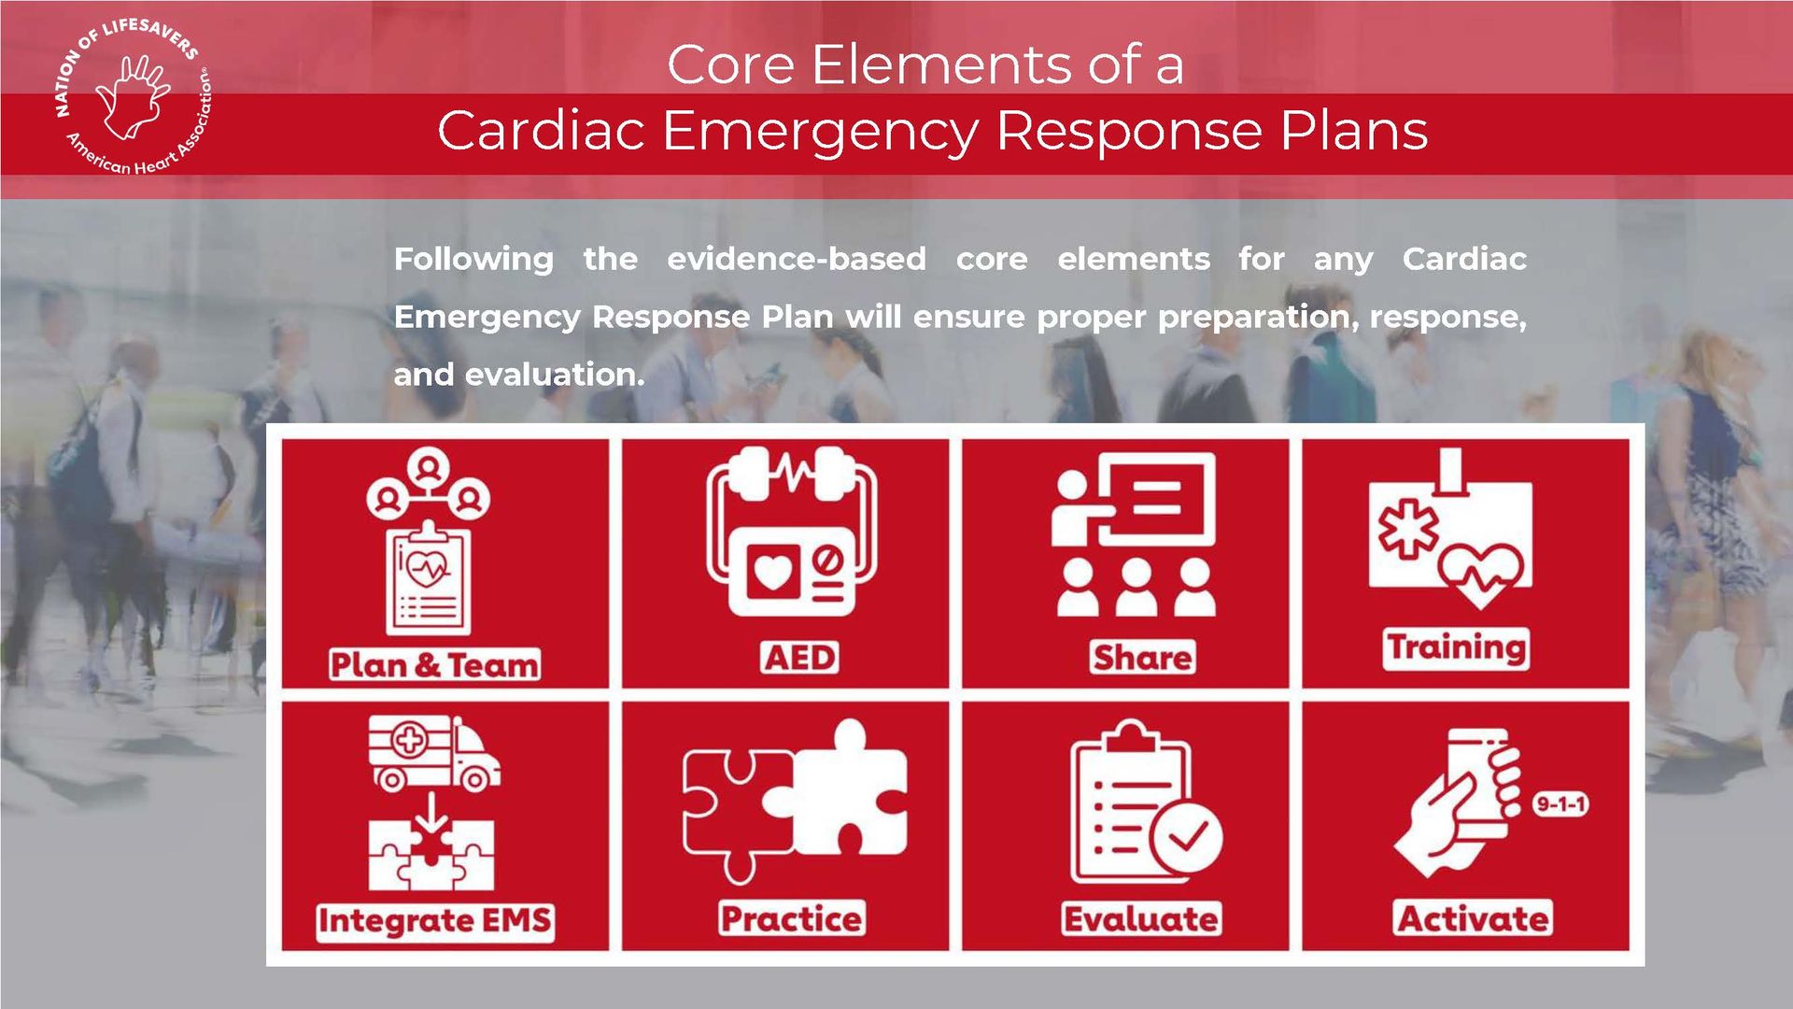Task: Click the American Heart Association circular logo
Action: pos(133,97)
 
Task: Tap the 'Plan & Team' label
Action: pos(435,664)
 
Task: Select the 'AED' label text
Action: pos(800,657)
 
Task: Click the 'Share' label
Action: pos(1142,657)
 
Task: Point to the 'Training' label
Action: pos(1456,647)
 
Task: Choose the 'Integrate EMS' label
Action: pos(435,920)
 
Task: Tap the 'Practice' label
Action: pos(792,918)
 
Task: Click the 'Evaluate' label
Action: pos(1141,918)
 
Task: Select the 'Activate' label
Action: pos(1473,918)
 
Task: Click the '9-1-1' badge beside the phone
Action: pos(1560,803)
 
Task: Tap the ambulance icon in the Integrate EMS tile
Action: pos(434,753)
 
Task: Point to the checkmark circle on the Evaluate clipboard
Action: pos(1186,836)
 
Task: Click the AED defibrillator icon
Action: pos(792,533)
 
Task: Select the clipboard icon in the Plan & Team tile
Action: pos(429,579)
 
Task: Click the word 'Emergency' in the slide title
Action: pos(821,130)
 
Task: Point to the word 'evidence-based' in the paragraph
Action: pos(797,259)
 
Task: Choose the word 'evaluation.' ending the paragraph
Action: pos(555,375)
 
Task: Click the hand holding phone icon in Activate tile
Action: pos(1458,803)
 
